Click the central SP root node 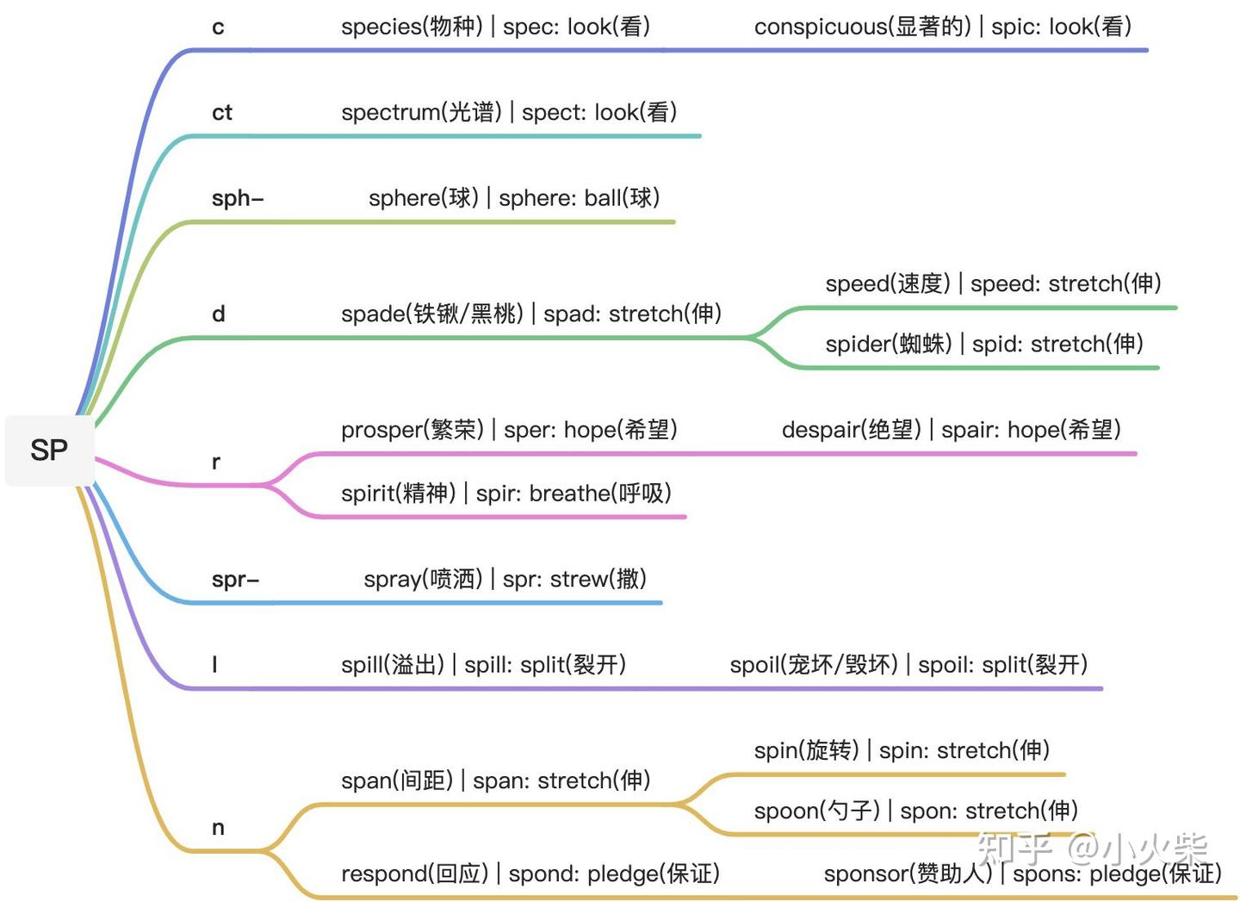coord(49,450)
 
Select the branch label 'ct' coord(222,112)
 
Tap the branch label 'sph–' coord(237,198)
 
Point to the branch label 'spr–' coord(235,579)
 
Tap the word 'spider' coord(858,345)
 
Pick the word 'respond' coord(384,874)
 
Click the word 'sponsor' coord(865,874)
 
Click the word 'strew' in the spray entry coord(579,579)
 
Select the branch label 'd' coord(219,314)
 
